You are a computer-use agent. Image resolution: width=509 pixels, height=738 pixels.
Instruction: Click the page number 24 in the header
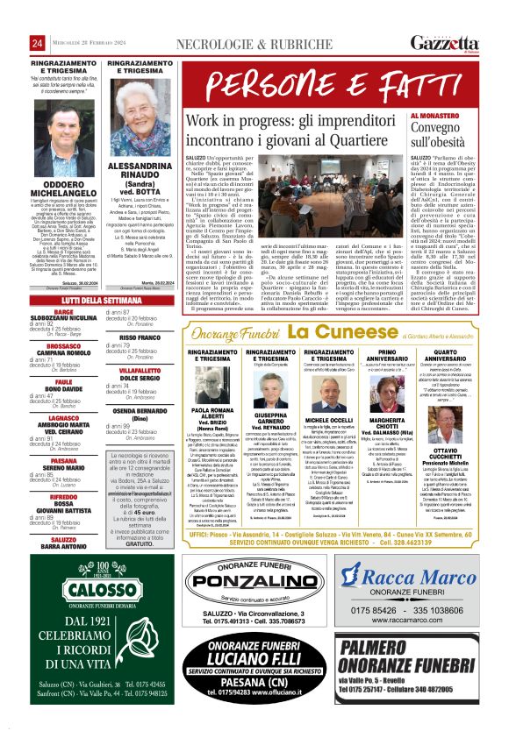(x=38, y=44)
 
